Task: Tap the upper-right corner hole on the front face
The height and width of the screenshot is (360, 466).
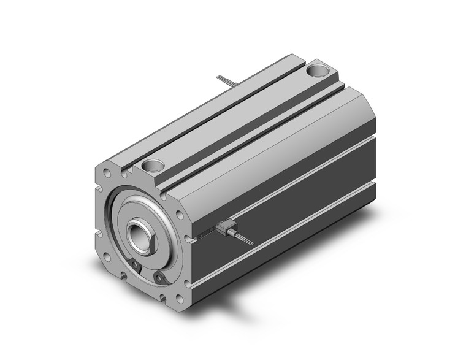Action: point(178,216)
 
